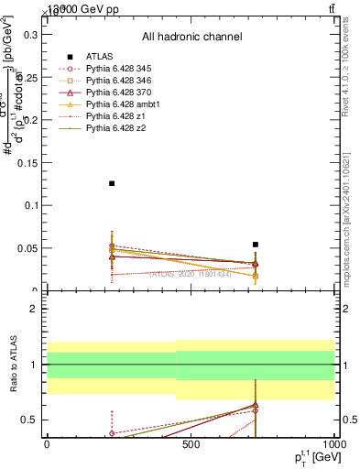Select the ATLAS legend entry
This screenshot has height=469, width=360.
[100, 57]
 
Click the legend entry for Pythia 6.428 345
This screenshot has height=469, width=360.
[120, 69]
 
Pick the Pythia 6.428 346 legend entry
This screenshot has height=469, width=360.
[120, 81]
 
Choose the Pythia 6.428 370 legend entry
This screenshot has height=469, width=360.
[120, 93]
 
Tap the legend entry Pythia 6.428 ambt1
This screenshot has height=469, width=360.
[123, 104]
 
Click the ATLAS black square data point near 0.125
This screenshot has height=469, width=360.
[112, 183]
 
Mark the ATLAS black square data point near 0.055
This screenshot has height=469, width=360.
[256, 245]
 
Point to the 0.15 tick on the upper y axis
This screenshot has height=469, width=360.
[26, 163]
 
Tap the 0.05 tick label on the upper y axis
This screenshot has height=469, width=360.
[26, 248]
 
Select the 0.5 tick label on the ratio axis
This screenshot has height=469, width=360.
[28, 420]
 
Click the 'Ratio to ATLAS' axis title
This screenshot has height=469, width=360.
[12, 366]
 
